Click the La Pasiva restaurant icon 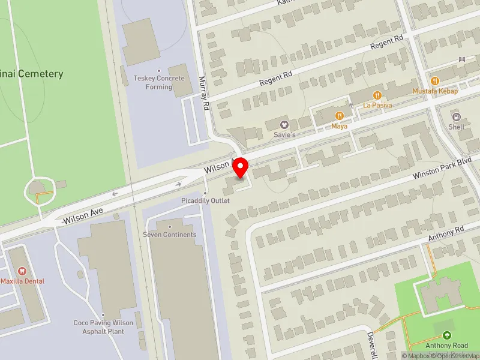click(x=377, y=95)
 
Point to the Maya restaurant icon click(x=340, y=116)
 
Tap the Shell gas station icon click(x=457, y=116)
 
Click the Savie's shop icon click(x=285, y=125)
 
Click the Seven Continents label click(x=169, y=234)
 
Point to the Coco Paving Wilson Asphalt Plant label click(x=103, y=326)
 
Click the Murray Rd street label click(x=203, y=92)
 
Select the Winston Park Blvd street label click(x=442, y=169)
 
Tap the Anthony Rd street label click(x=446, y=234)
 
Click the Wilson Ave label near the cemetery click(x=84, y=214)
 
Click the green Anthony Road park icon click(x=446, y=335)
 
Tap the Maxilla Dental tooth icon click(x=22, y=271)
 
